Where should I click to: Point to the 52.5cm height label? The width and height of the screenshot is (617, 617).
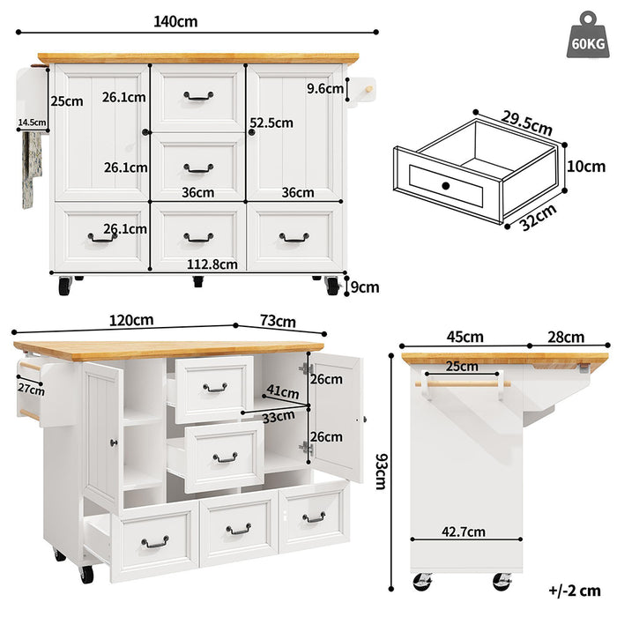271,123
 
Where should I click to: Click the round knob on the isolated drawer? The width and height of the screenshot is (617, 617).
446,185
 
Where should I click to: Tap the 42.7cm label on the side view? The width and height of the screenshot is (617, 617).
464,532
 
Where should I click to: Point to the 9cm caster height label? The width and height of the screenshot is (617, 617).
364,286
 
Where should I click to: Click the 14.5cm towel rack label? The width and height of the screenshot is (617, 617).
31,123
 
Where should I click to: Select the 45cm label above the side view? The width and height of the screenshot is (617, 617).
464,337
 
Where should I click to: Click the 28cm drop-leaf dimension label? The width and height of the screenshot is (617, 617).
565,337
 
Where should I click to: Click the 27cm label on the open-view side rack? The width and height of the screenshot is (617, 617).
30,390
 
